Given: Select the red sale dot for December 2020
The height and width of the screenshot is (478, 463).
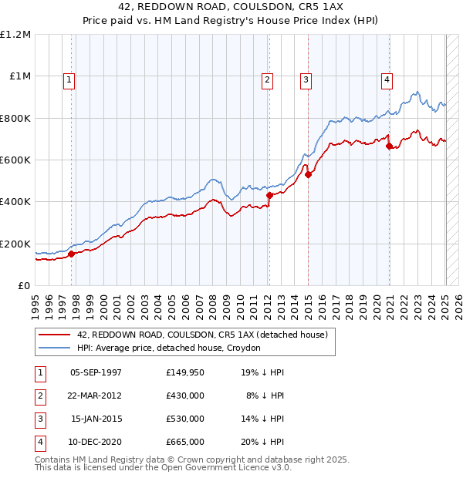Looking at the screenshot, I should point(389,146).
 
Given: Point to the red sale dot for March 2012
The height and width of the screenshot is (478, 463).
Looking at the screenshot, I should point(269,196).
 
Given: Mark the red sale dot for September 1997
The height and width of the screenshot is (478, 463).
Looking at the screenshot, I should point(71,254).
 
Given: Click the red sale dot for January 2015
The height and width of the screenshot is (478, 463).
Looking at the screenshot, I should point(308,174).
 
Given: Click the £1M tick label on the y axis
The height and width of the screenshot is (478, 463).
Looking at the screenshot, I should point(19,76).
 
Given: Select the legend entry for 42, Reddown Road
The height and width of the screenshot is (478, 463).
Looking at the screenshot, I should point(202,335).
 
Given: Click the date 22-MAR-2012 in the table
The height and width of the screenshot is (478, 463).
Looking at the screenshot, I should point(96,396).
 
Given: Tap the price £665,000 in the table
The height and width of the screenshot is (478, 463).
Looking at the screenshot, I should point(185,442).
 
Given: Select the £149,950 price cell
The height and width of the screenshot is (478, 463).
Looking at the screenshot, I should point(185,372).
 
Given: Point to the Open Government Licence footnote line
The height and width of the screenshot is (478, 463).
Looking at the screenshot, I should point(163,467).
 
